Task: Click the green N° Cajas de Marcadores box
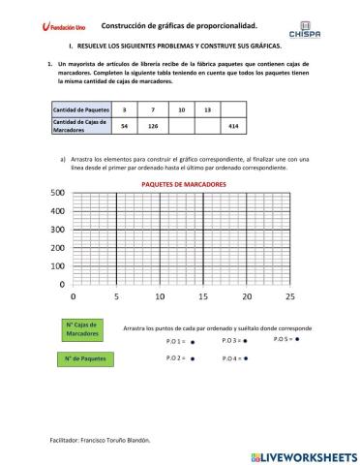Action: coord(82,328)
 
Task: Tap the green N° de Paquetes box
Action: coord(82,360)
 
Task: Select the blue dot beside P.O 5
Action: coord(298,340)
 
